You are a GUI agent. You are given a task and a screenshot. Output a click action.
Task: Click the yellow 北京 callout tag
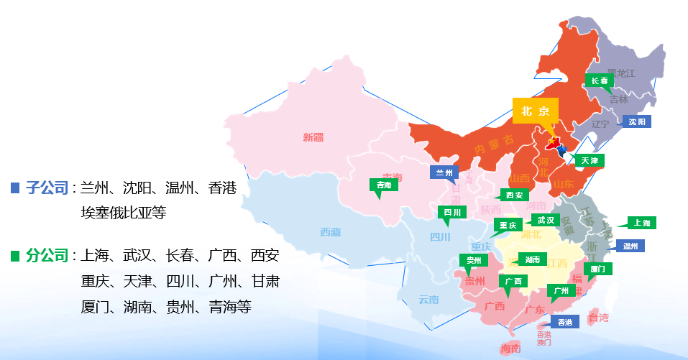pos(535,111)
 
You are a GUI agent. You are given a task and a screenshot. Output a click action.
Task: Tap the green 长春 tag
pos(600,81)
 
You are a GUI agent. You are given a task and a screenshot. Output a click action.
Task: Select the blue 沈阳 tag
pos(636,121)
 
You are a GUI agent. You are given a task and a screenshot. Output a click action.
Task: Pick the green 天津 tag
pos(589,160)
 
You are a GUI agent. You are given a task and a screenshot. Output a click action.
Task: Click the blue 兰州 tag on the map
pos(444,172)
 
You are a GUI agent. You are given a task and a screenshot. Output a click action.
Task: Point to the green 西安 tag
pos(513,195)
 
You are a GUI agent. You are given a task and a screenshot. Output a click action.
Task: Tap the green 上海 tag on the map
pos(641,223)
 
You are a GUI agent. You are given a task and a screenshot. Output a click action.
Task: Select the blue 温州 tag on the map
pos(630,246)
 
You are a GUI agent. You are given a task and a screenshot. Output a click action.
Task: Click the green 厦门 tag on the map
pos(596,269)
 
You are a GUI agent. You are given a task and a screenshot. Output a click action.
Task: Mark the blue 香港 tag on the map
pos(564,322)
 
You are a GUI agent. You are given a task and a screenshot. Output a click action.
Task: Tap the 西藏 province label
pos(331,232)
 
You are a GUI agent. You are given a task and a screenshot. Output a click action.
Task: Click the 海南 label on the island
pos(510,349)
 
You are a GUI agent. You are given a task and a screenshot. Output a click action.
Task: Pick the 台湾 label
pos(599,318)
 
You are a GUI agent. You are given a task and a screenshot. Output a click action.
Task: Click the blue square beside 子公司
pos(14,188)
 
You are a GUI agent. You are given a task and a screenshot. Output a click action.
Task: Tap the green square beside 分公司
pos(14,256)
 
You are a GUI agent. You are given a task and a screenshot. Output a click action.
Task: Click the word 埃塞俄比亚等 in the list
pos(124,213)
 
